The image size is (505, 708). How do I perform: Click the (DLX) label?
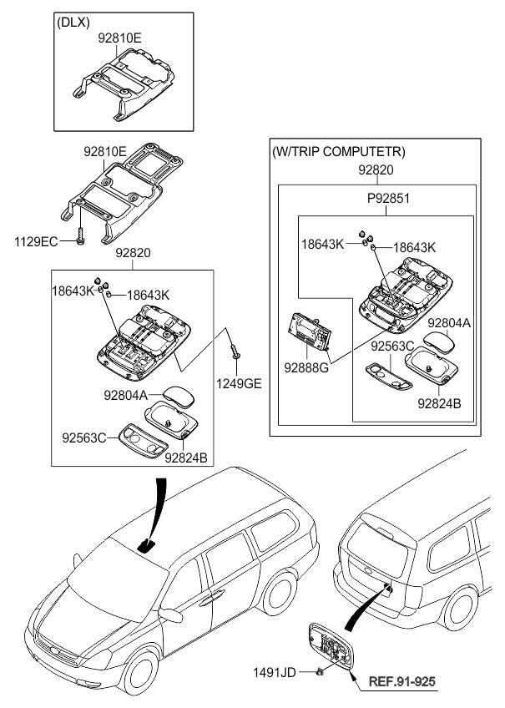pos(73,23)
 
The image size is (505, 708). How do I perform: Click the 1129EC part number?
pos(36,242)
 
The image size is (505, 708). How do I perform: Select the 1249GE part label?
pos(239,383)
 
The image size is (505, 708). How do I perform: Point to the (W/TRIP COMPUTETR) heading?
pos(339,152)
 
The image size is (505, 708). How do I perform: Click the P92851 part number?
pos(388,198)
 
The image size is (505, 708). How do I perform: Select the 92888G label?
pos(306,368)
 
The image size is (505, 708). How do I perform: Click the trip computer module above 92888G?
pos(310,331)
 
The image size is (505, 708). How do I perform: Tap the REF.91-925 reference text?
pos(402,681)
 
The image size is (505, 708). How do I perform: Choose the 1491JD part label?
pos(275,673)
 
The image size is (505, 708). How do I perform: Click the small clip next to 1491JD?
pos(320,673)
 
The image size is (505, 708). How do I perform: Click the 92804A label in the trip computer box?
pos(449,323)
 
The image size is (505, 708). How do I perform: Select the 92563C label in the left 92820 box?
pos(83,437)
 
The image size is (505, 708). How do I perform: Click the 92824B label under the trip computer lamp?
pos(439,403)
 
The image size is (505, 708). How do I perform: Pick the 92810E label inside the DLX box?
pos(119,39)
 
